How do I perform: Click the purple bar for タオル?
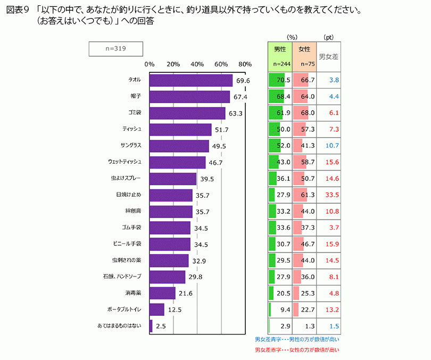(190, 80)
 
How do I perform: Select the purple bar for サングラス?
(179, 146)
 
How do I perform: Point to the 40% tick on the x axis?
(197, 64)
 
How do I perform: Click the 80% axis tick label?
(245, 64)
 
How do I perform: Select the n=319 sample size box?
(115, 48)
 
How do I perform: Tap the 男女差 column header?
(328, 56)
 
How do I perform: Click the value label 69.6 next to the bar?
(243, 81)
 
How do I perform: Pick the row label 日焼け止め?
(128, 195)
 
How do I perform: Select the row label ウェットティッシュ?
(125, 162)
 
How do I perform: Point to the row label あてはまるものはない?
(120, 326)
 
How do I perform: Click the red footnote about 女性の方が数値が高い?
(297, 350)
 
